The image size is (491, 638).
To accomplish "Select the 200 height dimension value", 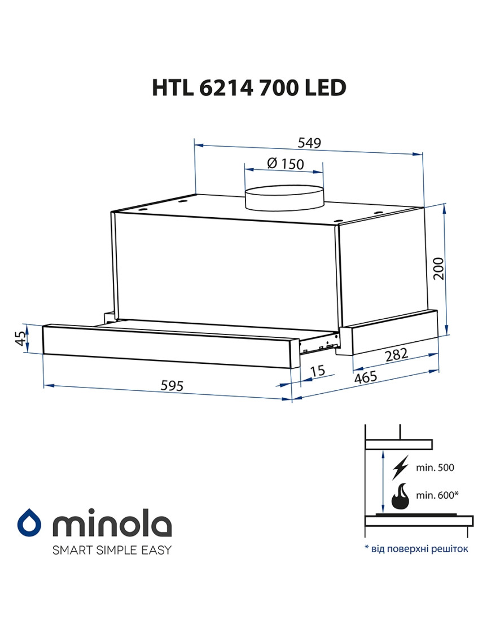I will pos(439,269).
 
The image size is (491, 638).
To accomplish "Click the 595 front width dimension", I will pos(172,385).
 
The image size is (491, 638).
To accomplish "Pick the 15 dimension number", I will pos(317,371).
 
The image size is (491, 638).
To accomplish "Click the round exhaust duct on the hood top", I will pos(284,197).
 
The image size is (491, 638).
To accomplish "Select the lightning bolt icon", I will pos(400,467).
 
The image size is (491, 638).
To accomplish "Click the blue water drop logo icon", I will pos(29,522).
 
